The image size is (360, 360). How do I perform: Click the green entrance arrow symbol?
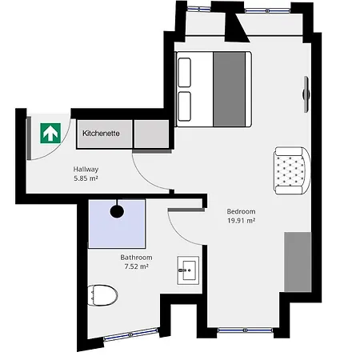point(50,132)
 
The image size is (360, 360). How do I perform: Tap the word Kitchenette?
point(101,134)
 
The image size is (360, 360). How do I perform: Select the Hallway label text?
point(86,169)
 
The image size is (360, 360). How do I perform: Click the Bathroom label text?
point(136,257)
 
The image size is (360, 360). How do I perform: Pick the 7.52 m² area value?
point(136,266)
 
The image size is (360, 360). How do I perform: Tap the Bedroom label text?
point(241,211)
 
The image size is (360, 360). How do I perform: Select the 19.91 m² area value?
point(241,221)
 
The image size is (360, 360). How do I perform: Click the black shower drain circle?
point(117,211)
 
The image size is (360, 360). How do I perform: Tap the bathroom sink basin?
point(188,270)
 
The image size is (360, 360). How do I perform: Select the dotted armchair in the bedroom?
point(290,170)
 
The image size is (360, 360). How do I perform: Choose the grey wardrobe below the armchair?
point(297,261)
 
